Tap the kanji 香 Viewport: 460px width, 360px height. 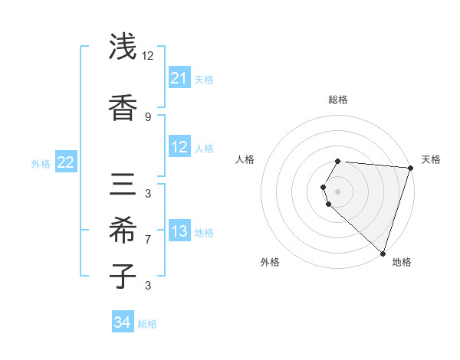click(123, 106)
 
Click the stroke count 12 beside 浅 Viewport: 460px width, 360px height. click(148, 56)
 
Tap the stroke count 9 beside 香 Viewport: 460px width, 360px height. click(148, 116)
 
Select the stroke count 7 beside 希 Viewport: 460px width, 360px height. click(148, 239)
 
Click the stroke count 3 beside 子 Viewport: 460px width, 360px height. click(148, 286)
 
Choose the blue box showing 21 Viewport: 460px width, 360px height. click(179, 78)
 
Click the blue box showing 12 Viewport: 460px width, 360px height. click(179, 147)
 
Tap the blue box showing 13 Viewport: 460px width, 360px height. click(179, 231)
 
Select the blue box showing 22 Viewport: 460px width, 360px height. click(66, 162)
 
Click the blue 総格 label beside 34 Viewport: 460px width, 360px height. click(147, 324)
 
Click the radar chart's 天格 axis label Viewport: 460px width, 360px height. click(431, 159)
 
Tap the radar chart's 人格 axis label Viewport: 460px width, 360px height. click(245, 159)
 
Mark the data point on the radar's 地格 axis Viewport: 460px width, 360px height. click(383, 254)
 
